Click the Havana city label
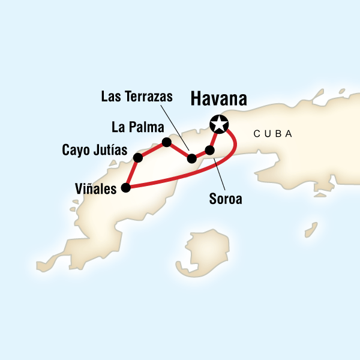click(x=220, y=100)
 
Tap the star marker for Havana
click(x=219, y=125)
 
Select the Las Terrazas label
click(x=137, y=96)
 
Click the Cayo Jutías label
click(x=95, y=149)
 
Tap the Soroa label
click(x=226, y=199)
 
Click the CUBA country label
click(x=273, y=134)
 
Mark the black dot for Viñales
click(x=126, y=188)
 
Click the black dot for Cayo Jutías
click(x=137, y=158)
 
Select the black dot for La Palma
click(x=167, y=142)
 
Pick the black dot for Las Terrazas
click(x=191, y=159)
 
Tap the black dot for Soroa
click(x=209, y=150)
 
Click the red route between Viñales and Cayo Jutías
click(x=131, y=173)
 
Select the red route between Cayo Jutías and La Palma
click(x=152, y=150)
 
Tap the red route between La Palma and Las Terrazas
click(x=179, y=151)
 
